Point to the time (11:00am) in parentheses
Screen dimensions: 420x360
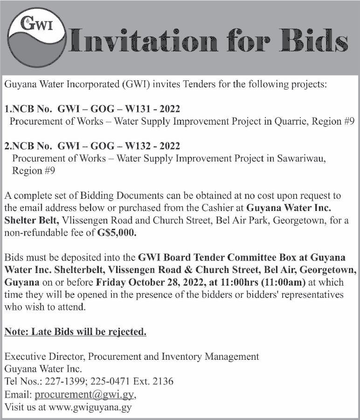click(277, 283)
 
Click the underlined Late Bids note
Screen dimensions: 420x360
click(76, 332)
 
